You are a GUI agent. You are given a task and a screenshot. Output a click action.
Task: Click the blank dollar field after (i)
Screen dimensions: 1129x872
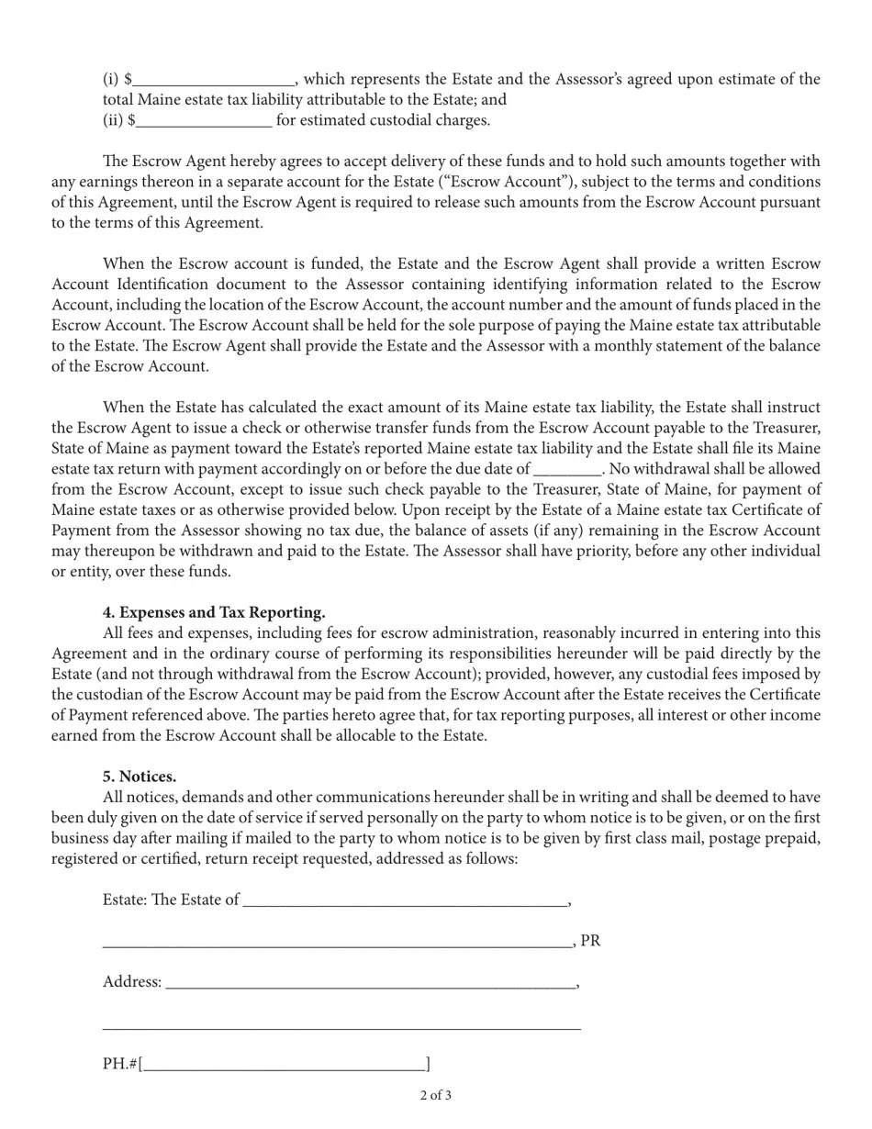click(x=213, y=81)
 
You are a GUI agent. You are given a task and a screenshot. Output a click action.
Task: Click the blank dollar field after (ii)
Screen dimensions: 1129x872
click(x=204, y=121)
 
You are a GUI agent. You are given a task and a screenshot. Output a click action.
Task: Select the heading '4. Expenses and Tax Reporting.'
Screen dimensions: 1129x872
click(x=214, y=612)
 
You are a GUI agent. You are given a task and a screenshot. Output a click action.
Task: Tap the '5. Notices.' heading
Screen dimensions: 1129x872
click(x=140, y=777)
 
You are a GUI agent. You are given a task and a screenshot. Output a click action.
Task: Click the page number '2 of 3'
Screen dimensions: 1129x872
click(x=436, y=1095)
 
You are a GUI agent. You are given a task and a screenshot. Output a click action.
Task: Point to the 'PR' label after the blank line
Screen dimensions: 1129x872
click(x=591, y=941)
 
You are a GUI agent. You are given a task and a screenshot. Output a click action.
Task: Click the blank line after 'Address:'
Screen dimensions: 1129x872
click(x=371, y=983)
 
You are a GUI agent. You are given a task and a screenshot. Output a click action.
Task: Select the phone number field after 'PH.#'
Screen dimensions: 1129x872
click(x=285, y=1065)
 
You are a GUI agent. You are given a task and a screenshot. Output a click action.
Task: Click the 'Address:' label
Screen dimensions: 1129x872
click(x=132, y=982)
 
